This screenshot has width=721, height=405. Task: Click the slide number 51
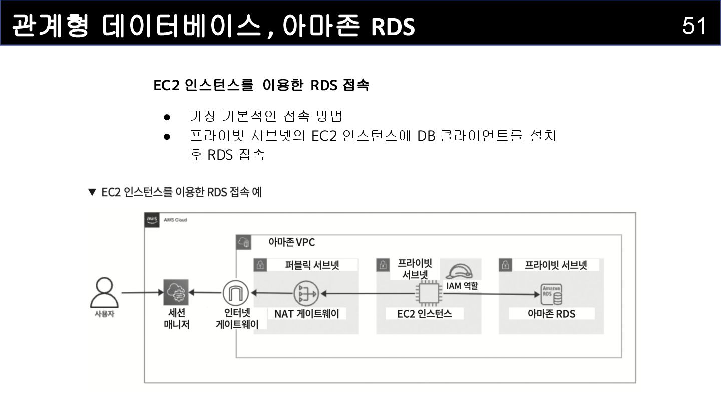pos(694,25)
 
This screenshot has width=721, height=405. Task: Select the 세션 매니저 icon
pos(176,292)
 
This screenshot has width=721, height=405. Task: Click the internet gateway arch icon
pos(235,293)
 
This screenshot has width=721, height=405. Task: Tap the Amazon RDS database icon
pos(551,294)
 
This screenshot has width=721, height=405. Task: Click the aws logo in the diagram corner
pos(152,220)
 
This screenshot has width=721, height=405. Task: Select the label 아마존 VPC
pos(291,242)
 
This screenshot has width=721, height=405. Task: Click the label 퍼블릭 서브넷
pos(312,265)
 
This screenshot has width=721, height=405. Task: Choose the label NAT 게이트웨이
pos(306,314)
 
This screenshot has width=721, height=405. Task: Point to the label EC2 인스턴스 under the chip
pos(424,314)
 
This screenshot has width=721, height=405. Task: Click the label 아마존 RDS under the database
pos(551,314)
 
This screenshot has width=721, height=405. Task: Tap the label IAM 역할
pos(462,286)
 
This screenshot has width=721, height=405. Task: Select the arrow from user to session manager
pos(142,293)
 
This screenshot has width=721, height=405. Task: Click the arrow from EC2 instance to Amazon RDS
pos(491,294)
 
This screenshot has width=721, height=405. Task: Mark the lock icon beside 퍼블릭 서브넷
pos(260,265)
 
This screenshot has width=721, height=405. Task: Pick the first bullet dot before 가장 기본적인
pos(167,117)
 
